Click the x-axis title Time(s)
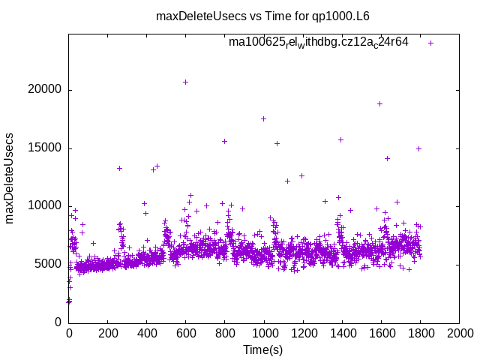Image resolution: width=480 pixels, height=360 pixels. [x=263, y=349]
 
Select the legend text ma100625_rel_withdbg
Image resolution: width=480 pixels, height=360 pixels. [x=319, y=42]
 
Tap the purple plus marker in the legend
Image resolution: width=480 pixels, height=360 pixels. [x=430, y=43]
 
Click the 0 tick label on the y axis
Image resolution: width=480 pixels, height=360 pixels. [x=58, y=322]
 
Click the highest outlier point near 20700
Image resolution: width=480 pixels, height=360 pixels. [x=185, y=82]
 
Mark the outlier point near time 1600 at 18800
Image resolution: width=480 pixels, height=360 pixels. [x=379, y=103]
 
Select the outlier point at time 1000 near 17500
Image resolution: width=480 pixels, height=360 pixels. [x=263, y=118]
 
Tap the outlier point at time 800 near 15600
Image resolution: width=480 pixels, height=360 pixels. [x=224, y=141]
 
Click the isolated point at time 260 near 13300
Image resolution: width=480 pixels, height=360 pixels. [x=119, y=168]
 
